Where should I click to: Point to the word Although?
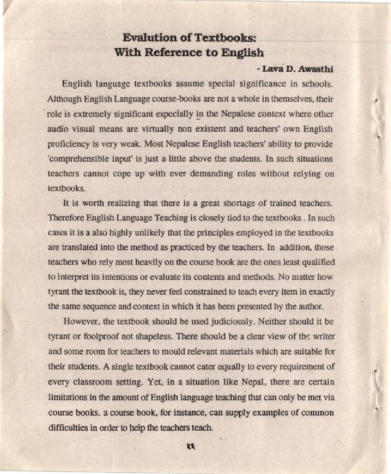pos(68,98)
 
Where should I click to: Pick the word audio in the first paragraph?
pos(59,129)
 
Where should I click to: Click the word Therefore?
pos(67,220)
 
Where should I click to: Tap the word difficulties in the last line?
pos(67,426)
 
